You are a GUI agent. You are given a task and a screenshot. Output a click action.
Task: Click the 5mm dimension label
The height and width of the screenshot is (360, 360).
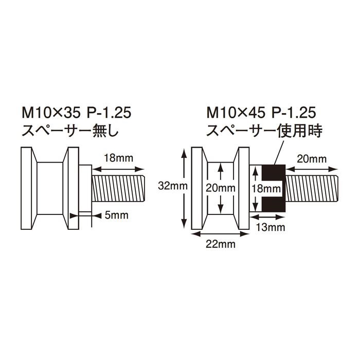(116, 215)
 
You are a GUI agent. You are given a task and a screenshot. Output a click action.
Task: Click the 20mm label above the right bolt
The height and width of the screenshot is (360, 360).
(312, 159)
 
